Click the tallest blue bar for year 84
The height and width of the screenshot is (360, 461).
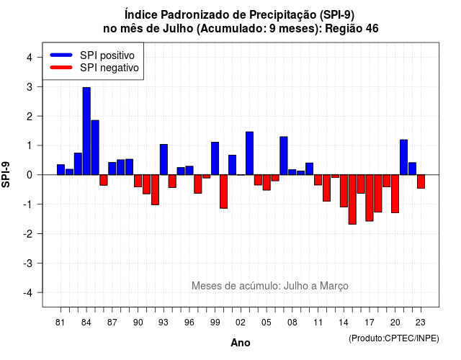click(x=86, y=131)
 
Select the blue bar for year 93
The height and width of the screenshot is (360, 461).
click(x=164, y=160)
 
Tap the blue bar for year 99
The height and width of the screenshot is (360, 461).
click(x=215, y=158)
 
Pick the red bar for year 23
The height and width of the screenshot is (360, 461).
click(x=421, y=181)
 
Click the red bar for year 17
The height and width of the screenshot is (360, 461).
click(x=370, y=198)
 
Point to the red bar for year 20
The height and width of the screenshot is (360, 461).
click(x=395, y=194)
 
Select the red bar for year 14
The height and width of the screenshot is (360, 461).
click(x=344, y=191)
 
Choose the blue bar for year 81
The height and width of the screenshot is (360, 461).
click(x=61, y=170)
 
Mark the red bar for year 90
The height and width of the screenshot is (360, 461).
click(x=138, y=181)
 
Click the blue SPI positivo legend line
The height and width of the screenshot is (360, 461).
click(x=61, y=55)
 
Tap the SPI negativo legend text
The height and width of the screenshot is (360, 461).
click(x=109, y=68)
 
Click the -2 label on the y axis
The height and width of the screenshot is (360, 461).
click(x=28, y=233)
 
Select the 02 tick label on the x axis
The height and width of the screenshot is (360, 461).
click(x=241, y=323)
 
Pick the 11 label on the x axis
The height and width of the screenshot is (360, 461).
click(x=318, y=323)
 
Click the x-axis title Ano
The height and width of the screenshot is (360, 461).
click(x=241, y=343)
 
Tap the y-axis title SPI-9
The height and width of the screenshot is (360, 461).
click(x=6, y=174)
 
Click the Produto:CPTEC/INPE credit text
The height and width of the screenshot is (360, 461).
click(x=394, y=338)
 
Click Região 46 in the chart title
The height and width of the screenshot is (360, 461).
click(x=352, y=29)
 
